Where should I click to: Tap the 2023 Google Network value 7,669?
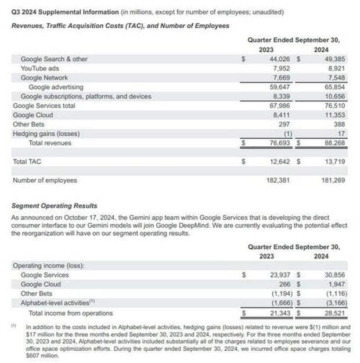pos(280,78)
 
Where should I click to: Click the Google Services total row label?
pos(44,106)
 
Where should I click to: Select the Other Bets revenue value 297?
pos(284,124)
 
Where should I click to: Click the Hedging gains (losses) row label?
pos(46,133)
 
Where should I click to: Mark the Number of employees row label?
pos(45,180)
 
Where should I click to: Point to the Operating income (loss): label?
pos(48,266)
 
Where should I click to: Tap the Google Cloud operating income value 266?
pos(284,284)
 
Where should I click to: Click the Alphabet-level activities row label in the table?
pos(55,303)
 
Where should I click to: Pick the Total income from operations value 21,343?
pos(278,313)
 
